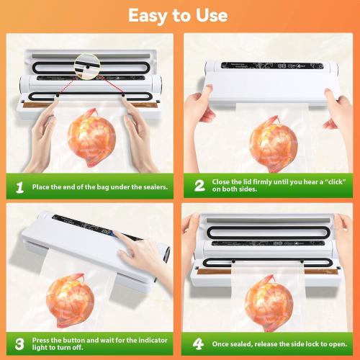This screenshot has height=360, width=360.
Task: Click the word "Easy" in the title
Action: tap(149, 14)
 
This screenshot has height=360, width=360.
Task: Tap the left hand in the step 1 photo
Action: tap(45, 130)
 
